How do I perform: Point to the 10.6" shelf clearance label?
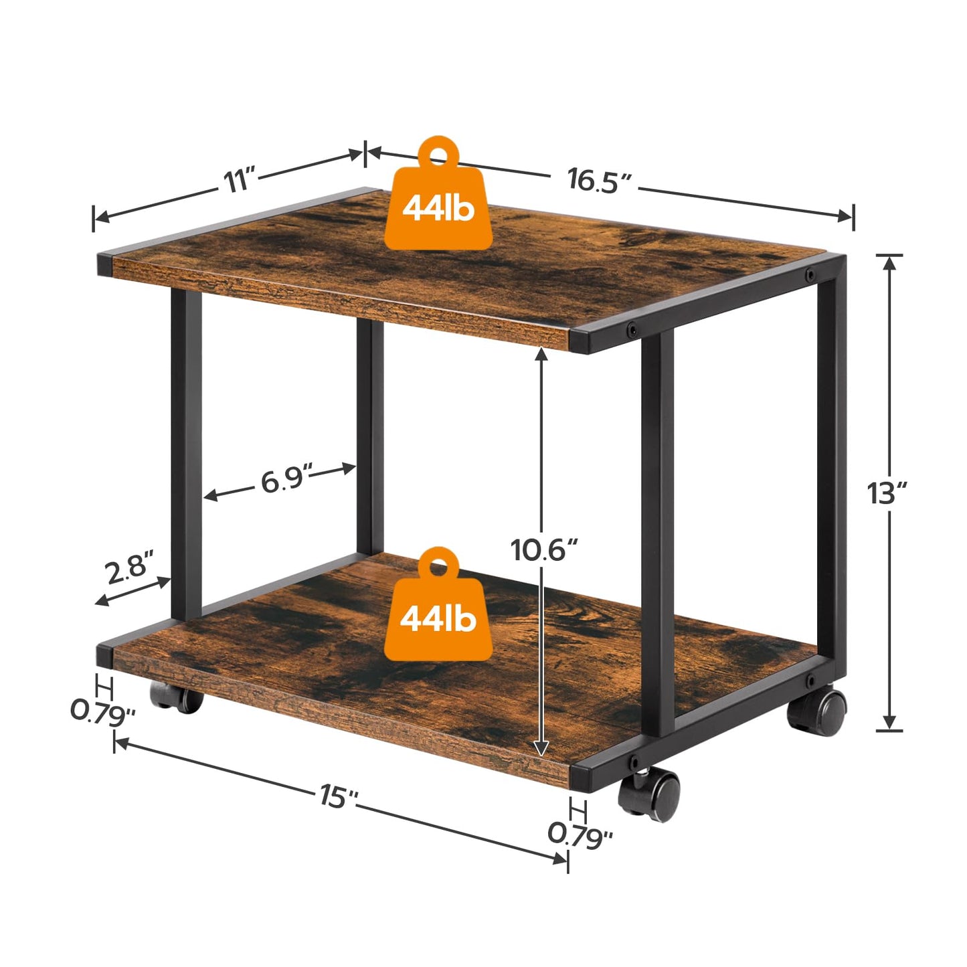543,549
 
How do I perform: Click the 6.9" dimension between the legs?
286,480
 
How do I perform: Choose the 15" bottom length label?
339,796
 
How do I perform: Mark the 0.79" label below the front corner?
580,834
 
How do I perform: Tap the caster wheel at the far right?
818,711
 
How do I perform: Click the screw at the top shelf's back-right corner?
810,274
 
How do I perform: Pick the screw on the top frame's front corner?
631,329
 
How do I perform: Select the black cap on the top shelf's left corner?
104,264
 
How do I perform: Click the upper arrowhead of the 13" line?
889,262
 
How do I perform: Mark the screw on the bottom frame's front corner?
632,762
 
